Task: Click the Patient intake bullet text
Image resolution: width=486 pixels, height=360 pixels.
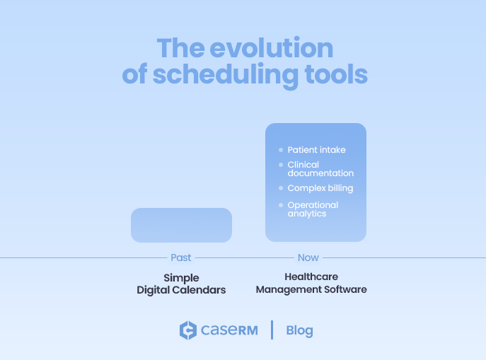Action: coord(316,150)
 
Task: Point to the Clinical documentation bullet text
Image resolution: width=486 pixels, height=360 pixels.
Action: coord(320,169)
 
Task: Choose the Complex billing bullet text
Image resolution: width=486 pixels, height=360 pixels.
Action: coord(320,188)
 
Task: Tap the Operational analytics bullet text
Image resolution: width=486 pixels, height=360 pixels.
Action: coord(313,209)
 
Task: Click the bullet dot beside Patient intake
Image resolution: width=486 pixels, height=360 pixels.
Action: coord(281,150)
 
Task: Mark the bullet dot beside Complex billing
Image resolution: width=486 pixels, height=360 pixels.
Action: coord(281,188)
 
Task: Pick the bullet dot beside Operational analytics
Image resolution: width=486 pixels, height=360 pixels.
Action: coord(281,205)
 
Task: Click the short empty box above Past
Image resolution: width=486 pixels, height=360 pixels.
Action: coord(181,225)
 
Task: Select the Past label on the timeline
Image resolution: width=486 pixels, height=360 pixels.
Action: coord(181,258)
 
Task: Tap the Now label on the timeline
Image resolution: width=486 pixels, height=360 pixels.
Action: coord(308,258)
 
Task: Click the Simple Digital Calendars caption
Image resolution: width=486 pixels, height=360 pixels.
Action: coord(181,284)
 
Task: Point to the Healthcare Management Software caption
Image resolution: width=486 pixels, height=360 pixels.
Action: coord(311,284)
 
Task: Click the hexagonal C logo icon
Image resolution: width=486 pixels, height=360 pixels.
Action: coord(187,330)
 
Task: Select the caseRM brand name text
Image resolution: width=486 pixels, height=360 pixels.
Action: coord(228,330)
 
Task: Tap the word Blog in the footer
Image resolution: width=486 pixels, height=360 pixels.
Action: coord(299,330)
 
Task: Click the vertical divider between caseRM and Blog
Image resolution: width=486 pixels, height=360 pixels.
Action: coord(272,330)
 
